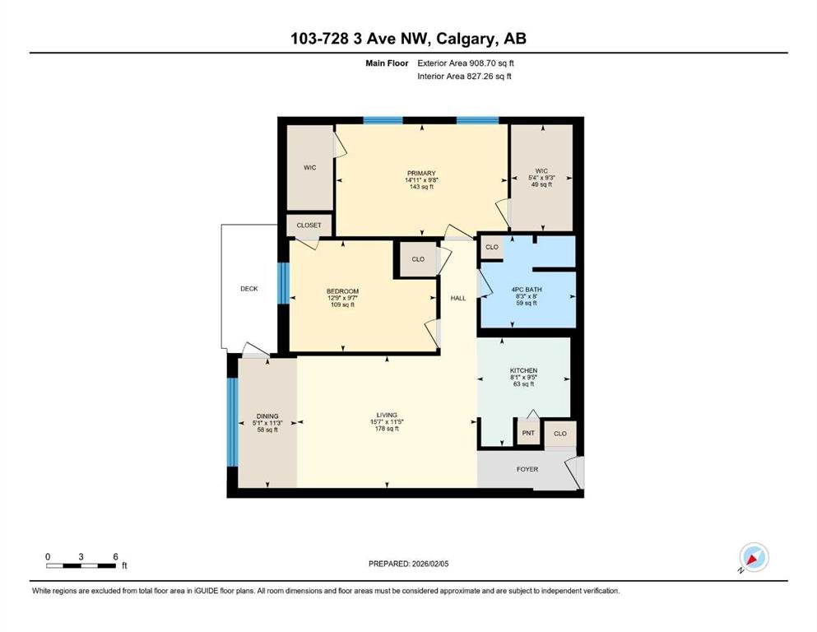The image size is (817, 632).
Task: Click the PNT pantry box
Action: point(528,433)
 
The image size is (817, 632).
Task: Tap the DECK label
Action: point(249,289)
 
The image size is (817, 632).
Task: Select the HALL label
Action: point(458,298)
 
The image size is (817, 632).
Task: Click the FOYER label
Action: point(527,469)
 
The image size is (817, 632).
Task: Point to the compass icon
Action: point(754,557)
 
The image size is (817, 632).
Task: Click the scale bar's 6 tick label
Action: point(115,556)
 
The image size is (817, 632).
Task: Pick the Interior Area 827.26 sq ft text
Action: point(464,76)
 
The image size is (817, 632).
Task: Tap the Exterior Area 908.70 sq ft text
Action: point(466,63)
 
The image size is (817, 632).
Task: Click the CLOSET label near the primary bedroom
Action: point(309,225)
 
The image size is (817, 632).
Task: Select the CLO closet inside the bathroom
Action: point(492,247)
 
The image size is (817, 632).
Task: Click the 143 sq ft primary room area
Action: point(421,187)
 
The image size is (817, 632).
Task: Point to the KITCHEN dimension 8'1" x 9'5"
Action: point(523,377)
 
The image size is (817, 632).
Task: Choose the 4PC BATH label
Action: point(527,289)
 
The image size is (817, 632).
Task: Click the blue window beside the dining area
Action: point(232,421)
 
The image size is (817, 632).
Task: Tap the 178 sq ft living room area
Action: point(388,429)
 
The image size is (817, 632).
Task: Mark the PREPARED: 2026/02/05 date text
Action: point(408,564)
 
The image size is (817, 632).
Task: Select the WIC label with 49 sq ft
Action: point(541,171)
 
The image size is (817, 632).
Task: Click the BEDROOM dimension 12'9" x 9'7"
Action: point(343,298)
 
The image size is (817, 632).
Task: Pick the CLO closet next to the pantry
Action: point(560,434)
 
